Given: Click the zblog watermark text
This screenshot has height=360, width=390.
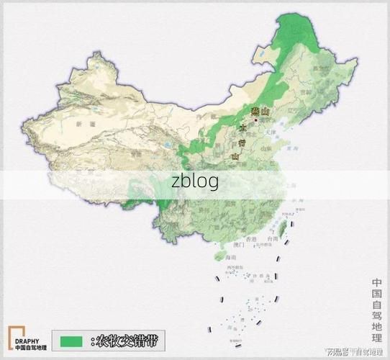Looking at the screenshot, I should [195, 182].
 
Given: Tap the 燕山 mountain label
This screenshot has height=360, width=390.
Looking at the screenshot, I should [260, 110].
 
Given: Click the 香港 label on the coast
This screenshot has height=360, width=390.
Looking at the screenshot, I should [250, 238].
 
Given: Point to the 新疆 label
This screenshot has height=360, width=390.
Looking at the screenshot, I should [79, 125].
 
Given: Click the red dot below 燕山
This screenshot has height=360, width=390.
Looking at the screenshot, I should [255, 120].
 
